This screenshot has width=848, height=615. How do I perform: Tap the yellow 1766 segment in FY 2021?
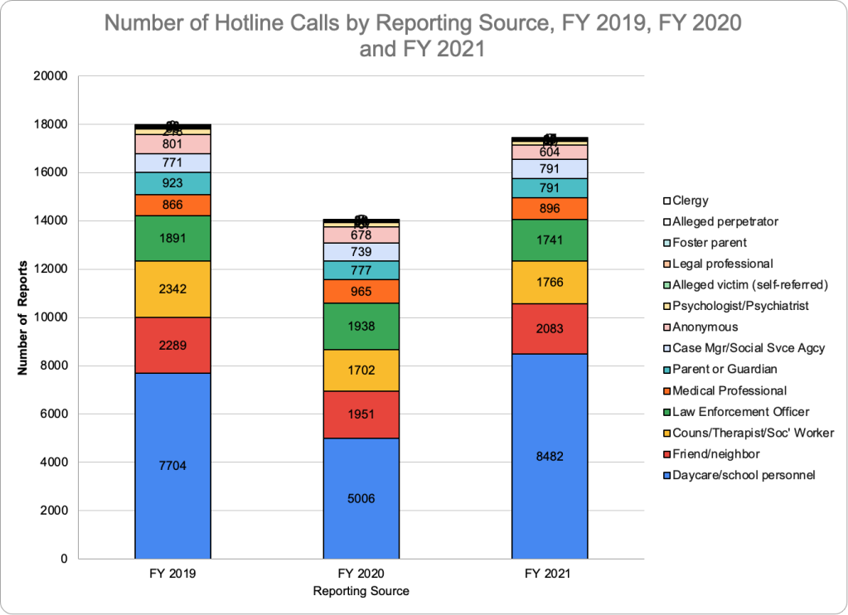tap(549, 282)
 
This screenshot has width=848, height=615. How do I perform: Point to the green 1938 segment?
tap(361, 326)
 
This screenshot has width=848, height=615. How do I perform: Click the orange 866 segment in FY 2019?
tap(172, 205)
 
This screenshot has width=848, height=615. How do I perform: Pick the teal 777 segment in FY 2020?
tap(361, 270)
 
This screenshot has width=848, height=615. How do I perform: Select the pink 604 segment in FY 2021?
tap(549, 152)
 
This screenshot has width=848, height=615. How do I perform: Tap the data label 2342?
tap(172, 289)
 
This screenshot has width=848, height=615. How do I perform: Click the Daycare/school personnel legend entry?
tap(744, 475)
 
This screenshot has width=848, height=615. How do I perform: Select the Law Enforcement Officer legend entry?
tap(741, 412)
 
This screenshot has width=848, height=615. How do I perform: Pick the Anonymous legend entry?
tap(705, 327)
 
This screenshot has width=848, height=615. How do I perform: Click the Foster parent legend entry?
tap(710, 243)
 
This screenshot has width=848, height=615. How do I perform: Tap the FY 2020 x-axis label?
tap(361, 574)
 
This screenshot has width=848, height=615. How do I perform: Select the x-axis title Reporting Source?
tap(361, 592)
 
